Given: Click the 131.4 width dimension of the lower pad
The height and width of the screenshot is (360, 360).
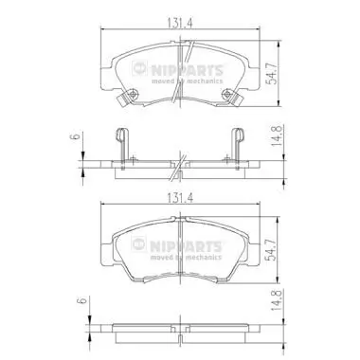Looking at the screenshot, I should [181, 201].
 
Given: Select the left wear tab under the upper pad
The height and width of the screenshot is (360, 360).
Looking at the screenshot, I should [119, 100].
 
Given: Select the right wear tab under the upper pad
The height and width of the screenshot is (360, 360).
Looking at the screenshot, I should [240, 100].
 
